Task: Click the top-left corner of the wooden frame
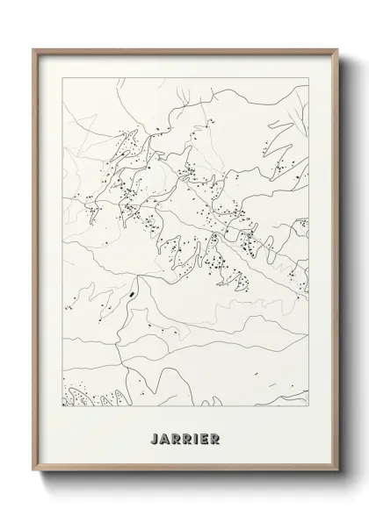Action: coord(35,48)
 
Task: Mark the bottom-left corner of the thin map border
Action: coord(62,409)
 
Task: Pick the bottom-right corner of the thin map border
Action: coord(309,409)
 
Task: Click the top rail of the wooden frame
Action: coord(184,50)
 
